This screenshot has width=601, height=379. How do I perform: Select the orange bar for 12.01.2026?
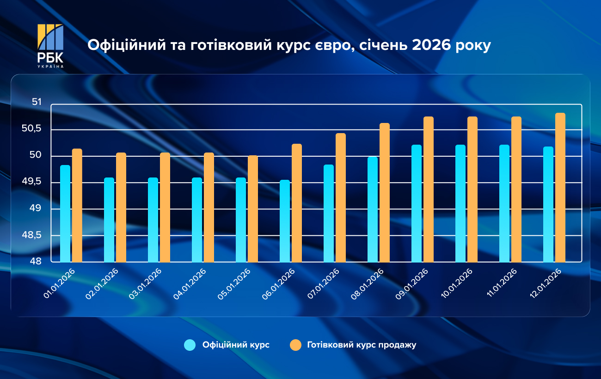click(x=560, y=187)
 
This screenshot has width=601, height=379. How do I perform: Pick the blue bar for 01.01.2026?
click(x=65, y=214)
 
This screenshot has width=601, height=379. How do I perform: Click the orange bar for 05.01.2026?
click(x=253, y=208)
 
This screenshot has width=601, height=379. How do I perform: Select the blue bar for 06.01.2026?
click(x=285, y=221)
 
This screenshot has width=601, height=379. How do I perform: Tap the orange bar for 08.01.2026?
click(x=385, y=192)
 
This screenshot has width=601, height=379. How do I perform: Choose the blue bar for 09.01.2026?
click(x=417, y=203)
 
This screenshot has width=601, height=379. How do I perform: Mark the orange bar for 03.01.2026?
click(x=165, y=207)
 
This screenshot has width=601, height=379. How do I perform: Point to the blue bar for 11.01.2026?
click(x=504, y=203)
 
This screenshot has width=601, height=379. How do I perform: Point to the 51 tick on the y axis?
click(x=37, y=102)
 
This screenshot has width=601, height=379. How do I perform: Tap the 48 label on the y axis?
click(x=37, y=262)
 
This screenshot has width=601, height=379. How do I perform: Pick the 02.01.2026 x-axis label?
click(x=103, y=284)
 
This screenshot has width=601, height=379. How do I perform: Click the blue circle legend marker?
click(x=190, y=345)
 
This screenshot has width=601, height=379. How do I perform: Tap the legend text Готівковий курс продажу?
click(x=362, y=345)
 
